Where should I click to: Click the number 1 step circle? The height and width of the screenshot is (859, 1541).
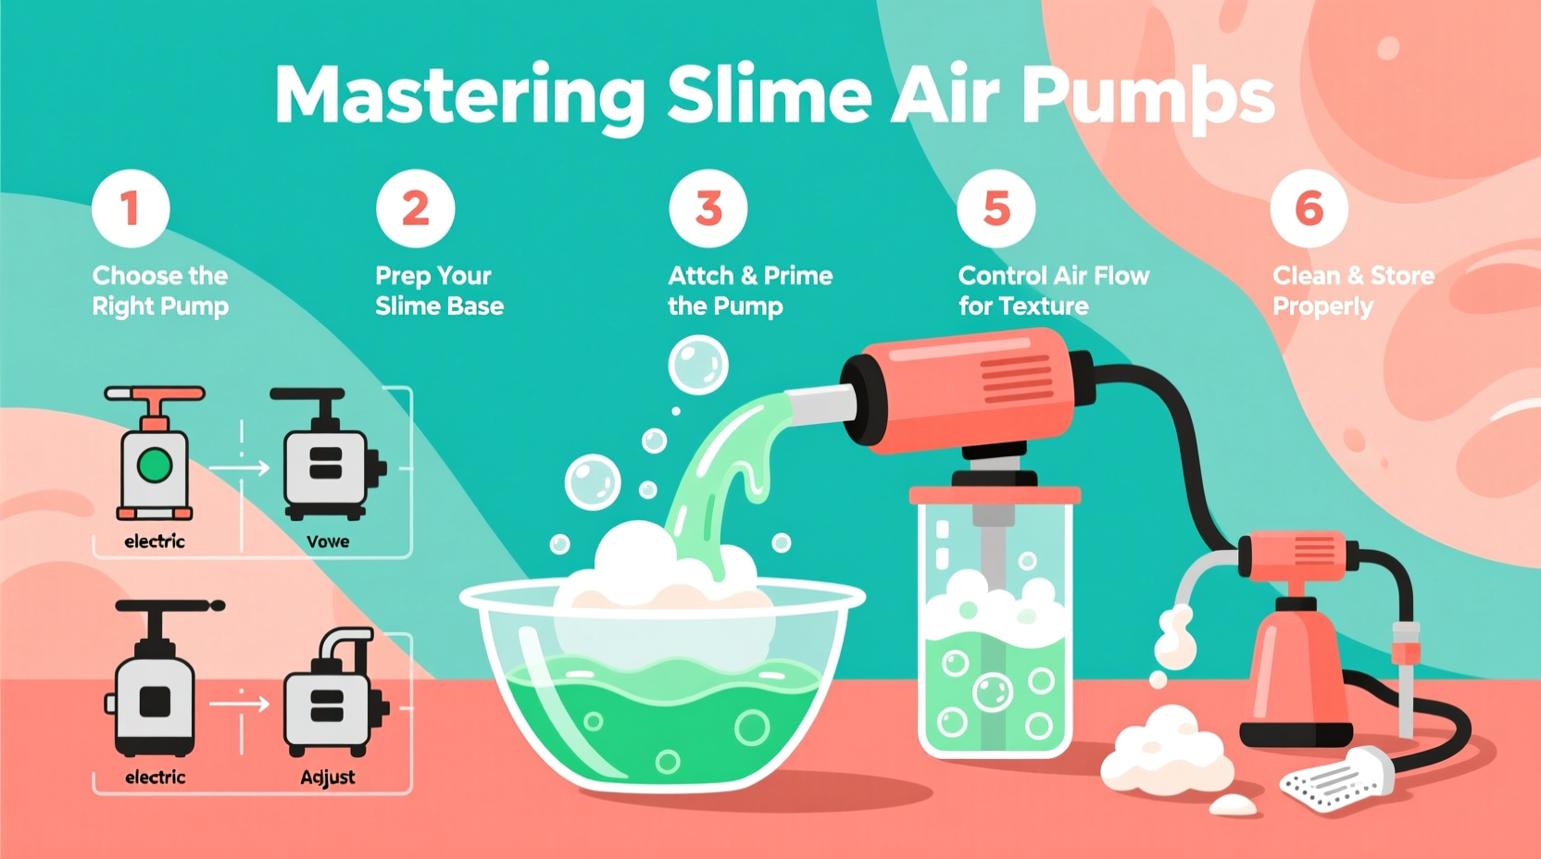[131, 208]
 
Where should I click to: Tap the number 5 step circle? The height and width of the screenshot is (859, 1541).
[996, 208]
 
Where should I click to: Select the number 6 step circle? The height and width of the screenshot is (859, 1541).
[1309, 208]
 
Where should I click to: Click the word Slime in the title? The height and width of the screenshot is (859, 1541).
[769, 95]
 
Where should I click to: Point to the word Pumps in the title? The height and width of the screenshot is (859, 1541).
[1148, 97]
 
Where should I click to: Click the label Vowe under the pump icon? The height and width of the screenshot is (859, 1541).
[328, 542]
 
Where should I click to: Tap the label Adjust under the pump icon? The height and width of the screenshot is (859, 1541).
[328, 778]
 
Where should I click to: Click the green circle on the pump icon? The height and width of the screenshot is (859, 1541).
[155, 465]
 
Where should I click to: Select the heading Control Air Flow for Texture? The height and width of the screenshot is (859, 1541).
[1053, 291]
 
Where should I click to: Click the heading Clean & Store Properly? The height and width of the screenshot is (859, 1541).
[1352, 291]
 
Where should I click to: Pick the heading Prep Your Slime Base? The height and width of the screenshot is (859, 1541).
[439, 291]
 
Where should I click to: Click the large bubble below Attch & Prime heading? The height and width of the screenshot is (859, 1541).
[698, 365]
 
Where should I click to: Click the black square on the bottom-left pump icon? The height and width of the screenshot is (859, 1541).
[155, 702]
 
